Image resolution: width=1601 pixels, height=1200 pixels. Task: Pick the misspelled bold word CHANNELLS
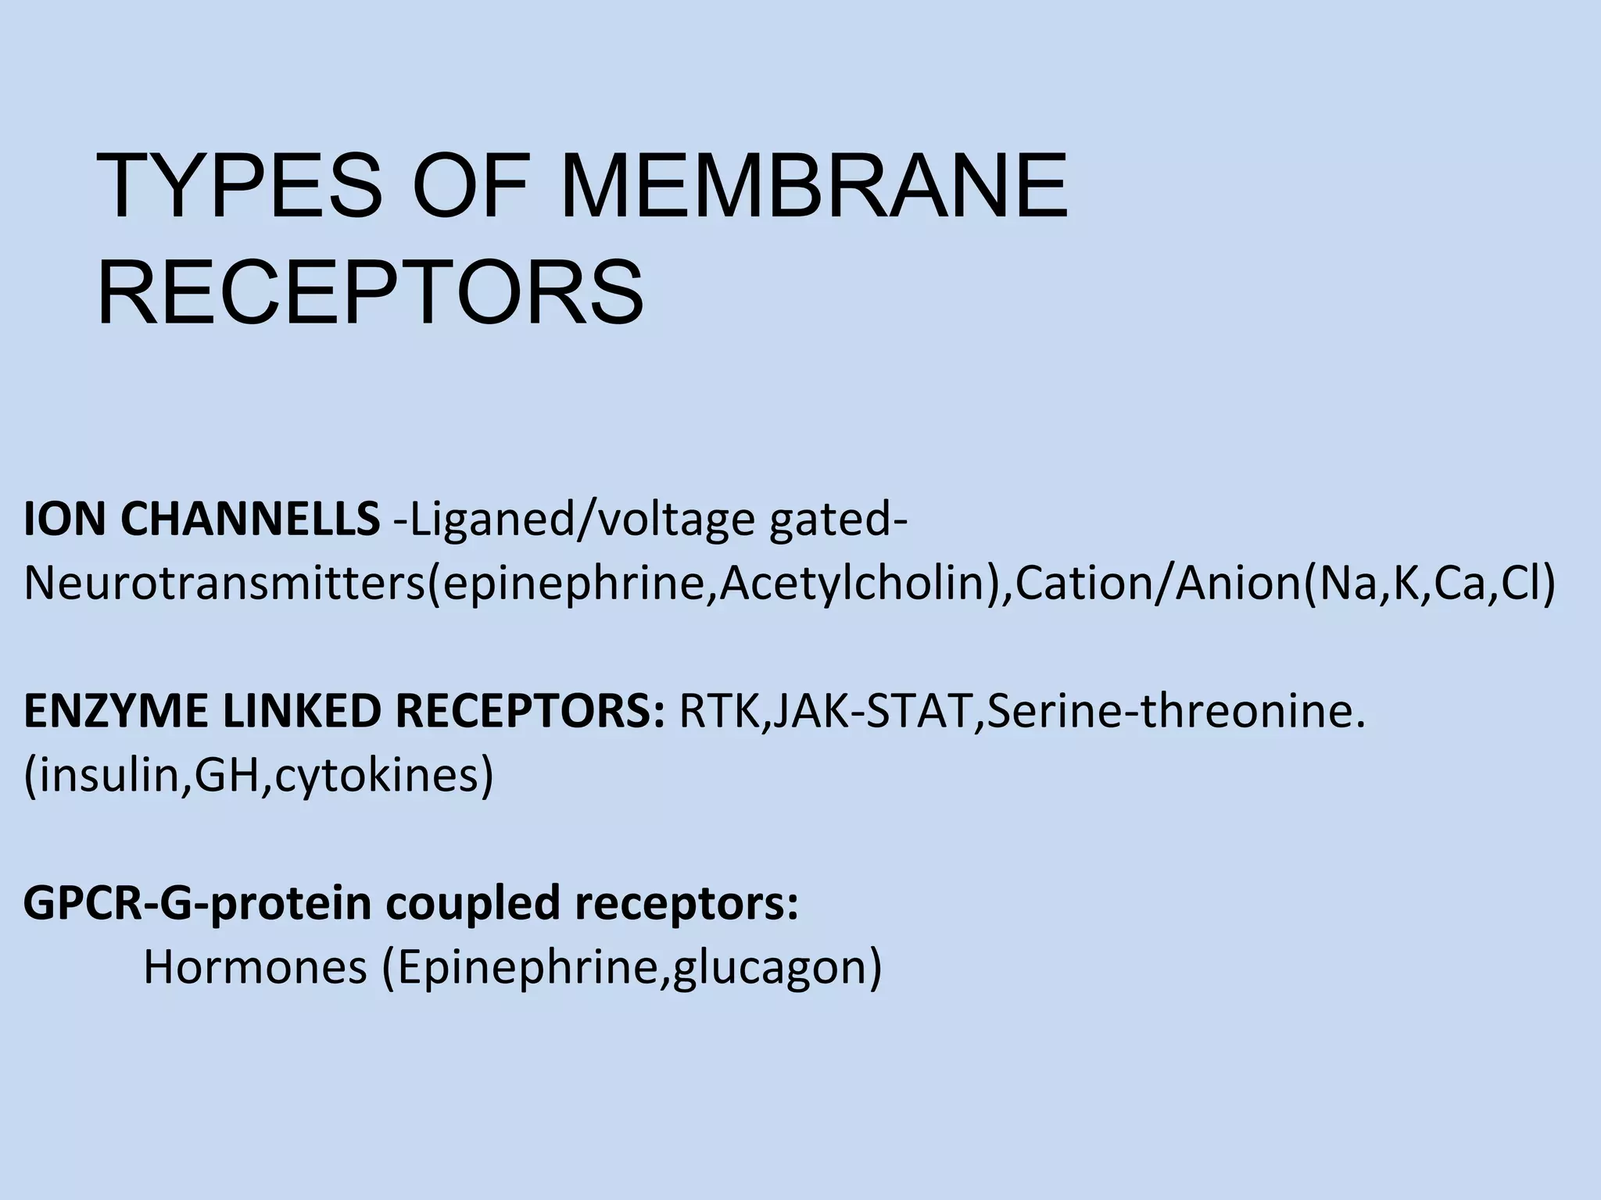(249, 520)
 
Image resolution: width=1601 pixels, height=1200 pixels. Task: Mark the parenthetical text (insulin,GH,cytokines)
(259, 776)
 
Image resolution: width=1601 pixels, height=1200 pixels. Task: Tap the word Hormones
(255, 967)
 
